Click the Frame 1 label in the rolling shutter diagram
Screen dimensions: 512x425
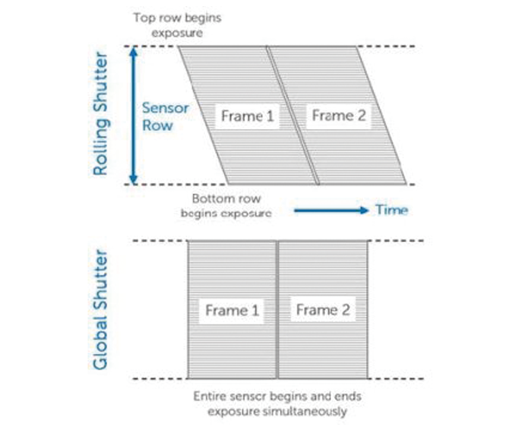pyautogui.click(x=247, y=116)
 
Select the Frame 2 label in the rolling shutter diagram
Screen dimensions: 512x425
pyautogui.click(x=338, y=115)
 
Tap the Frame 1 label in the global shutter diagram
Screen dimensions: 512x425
pyautogui.click(x=232, y=311)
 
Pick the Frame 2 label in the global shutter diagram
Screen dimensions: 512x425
pyautogui.click(x=323, y=310)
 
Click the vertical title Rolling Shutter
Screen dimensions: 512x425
pyautogui.click(x=101, y=114)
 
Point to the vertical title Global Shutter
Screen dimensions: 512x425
pyautogui.click(x=101, y=310)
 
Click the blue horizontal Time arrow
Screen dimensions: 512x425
pyautogui.click(x=331, y=210)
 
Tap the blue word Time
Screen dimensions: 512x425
pyautogui.click(x=391, y=210)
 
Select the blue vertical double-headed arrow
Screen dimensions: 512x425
pyautogui.click(x=134, y=115)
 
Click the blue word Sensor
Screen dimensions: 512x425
pyautogui.click(x=165, y=108)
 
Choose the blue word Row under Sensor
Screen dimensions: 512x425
pyautogui.click(x=157, y=126)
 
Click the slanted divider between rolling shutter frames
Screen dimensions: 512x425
pyautogui.click(x=293, y=115)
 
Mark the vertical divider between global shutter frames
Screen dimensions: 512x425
pyautogui.click(x=277, y=310)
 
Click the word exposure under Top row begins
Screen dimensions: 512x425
pyautogui.click(x=177, y=33)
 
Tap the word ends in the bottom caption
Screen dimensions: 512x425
pyautogui.click(x=348, y=396)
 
